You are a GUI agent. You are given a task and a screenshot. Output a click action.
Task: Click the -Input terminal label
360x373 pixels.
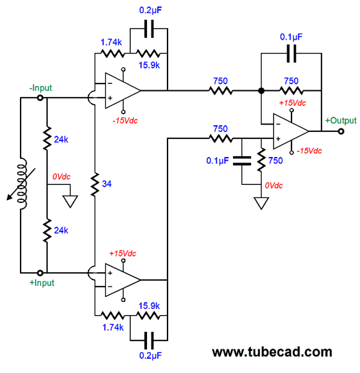pos(40,88)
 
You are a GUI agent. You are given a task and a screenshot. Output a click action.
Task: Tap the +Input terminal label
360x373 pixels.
pos(42,283)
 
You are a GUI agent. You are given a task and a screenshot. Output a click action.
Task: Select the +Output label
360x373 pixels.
pos(341,120)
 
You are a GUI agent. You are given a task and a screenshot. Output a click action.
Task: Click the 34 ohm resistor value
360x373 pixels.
pos(107,184)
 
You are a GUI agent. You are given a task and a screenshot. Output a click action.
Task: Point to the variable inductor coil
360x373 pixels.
pos(22,184)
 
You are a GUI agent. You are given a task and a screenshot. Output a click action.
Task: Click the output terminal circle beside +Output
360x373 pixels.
pos(341,131)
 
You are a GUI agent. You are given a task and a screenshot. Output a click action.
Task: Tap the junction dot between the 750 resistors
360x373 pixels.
pos(261,91)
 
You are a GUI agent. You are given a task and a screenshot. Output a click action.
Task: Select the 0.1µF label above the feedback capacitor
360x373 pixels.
pos(291,37)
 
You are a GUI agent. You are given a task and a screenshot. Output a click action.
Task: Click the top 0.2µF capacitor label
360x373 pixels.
pos(150,10)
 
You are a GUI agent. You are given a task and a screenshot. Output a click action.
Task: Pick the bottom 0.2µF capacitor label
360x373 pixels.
pos(150,356)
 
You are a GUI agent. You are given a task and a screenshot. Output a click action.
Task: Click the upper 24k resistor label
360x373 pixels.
pos(61,139)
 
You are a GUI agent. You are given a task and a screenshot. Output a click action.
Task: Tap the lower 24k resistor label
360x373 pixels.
pos(61,230)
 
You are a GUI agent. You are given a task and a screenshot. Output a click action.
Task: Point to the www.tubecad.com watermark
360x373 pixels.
pos(272,352)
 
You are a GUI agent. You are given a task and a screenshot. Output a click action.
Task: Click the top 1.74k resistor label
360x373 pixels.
pos(111,42)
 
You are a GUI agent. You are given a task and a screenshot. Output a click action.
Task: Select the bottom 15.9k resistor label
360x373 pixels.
pos(149,306)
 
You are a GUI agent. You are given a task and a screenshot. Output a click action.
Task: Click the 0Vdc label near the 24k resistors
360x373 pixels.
pos(62,176)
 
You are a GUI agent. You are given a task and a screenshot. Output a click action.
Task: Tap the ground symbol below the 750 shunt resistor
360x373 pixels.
pos(261,204)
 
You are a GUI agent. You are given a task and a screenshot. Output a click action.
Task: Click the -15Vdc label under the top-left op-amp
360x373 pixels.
pos(125,121)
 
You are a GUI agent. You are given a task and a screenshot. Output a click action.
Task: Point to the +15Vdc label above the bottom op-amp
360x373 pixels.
pos(123,253)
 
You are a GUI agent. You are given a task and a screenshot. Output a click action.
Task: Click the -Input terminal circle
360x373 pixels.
pos(40,98)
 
